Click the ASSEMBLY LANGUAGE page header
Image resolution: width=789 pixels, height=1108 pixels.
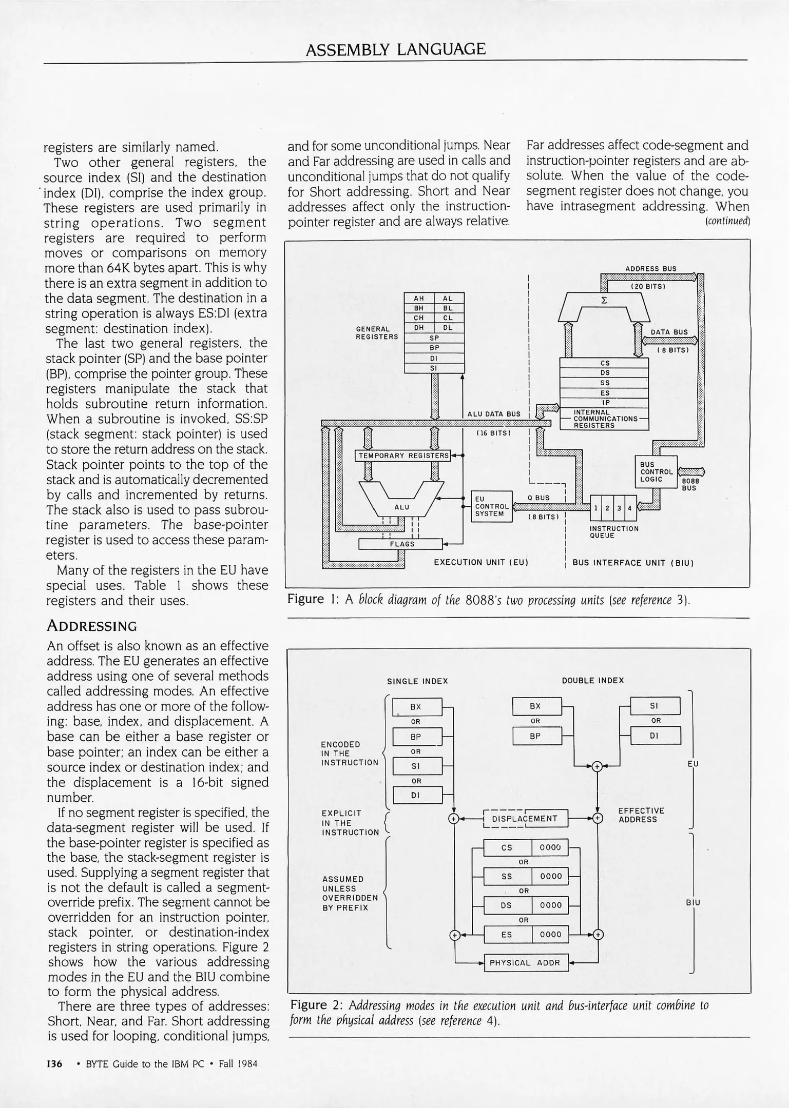coord(395,49)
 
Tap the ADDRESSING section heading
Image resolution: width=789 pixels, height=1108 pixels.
coord(92,626)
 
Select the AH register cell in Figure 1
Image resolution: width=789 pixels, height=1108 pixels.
coord(419,298)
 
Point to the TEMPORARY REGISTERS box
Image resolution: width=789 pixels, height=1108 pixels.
coord(402,456)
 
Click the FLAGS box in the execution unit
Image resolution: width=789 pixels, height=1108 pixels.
coord(400,544)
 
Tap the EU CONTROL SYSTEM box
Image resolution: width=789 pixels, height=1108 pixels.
coord(491,506)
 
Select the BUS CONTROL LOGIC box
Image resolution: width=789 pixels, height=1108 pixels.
coord(656,471)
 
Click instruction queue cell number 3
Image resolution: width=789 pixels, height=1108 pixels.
coord(619,508)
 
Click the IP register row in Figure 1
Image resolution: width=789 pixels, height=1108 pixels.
coord(605,403)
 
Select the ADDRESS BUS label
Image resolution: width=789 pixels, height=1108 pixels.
coord(650,268)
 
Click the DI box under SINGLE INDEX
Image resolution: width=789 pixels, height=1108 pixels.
coord(416,796)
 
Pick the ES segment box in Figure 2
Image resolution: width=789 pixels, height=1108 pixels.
coord(507,934)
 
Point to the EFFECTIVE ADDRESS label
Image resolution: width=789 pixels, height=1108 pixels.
coord(641,815)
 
